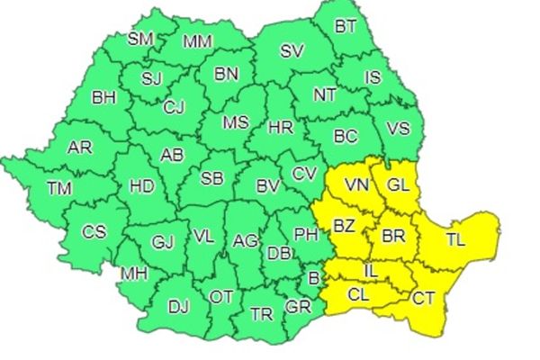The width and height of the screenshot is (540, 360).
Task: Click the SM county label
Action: click(140, 39)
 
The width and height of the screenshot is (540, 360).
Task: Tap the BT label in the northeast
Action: click(345, 26)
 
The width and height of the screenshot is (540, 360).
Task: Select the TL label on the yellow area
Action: click(455, 241)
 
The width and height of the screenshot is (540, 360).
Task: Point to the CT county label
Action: click(423, 299)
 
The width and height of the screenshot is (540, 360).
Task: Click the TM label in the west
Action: click(60, 188)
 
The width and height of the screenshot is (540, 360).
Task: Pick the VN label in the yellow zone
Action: click(357, 185)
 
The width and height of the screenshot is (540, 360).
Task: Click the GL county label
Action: click(398, 185)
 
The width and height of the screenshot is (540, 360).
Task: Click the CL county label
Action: click(358, 294)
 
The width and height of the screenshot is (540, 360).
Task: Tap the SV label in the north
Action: click(291, 51)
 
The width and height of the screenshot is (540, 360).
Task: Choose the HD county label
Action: click(142, 186)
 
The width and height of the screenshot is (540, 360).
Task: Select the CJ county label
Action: click(175, 108)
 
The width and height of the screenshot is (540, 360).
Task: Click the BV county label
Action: click(267, 187)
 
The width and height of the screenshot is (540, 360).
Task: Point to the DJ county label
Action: click(178, 306)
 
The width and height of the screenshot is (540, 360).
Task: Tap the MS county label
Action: click(236, 121)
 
